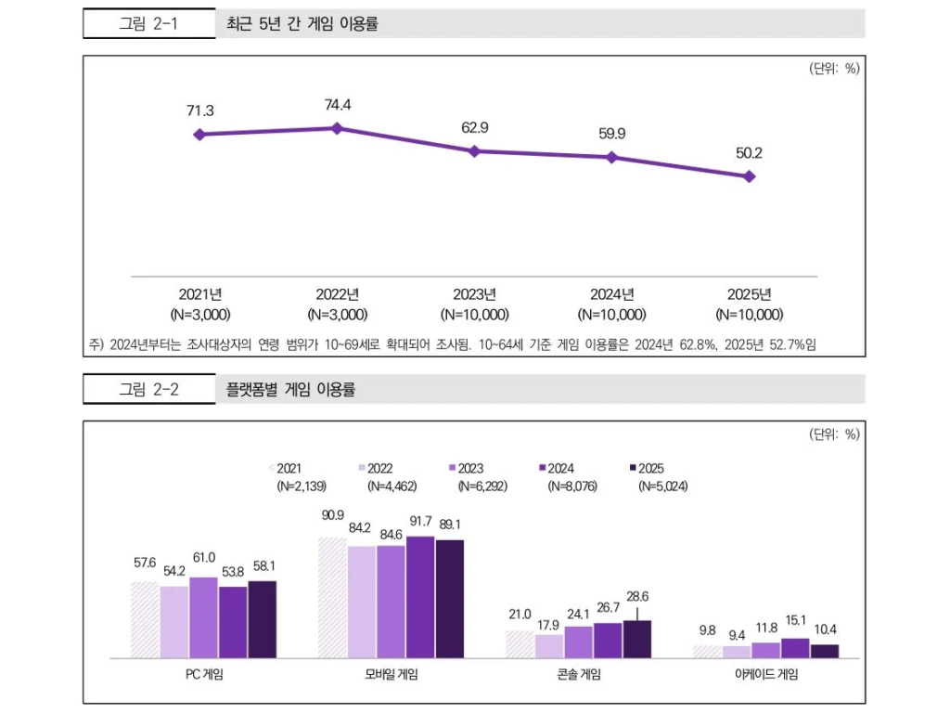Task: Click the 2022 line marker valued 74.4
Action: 337,128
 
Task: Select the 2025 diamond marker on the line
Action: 750,175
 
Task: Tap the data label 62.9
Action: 475,127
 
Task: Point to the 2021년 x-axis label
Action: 200,295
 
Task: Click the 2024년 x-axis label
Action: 611,295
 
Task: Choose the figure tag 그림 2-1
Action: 148,24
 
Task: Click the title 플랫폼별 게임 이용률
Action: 290,390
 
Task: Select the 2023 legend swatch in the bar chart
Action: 452,469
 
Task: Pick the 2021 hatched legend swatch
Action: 271,469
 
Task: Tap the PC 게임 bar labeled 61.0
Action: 203,617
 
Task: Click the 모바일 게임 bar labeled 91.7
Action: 420,597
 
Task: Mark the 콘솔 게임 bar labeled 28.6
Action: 637,639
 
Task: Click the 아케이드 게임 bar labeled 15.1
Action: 795,648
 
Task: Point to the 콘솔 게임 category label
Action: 578,675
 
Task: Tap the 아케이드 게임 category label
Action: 766,675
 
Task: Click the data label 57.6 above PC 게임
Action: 145,563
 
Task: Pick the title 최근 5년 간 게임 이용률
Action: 302,24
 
